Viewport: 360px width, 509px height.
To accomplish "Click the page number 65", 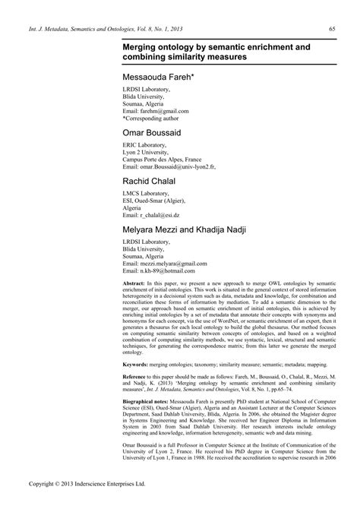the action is coord(333,30).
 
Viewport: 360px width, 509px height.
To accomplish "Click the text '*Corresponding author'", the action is coord(155,119).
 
